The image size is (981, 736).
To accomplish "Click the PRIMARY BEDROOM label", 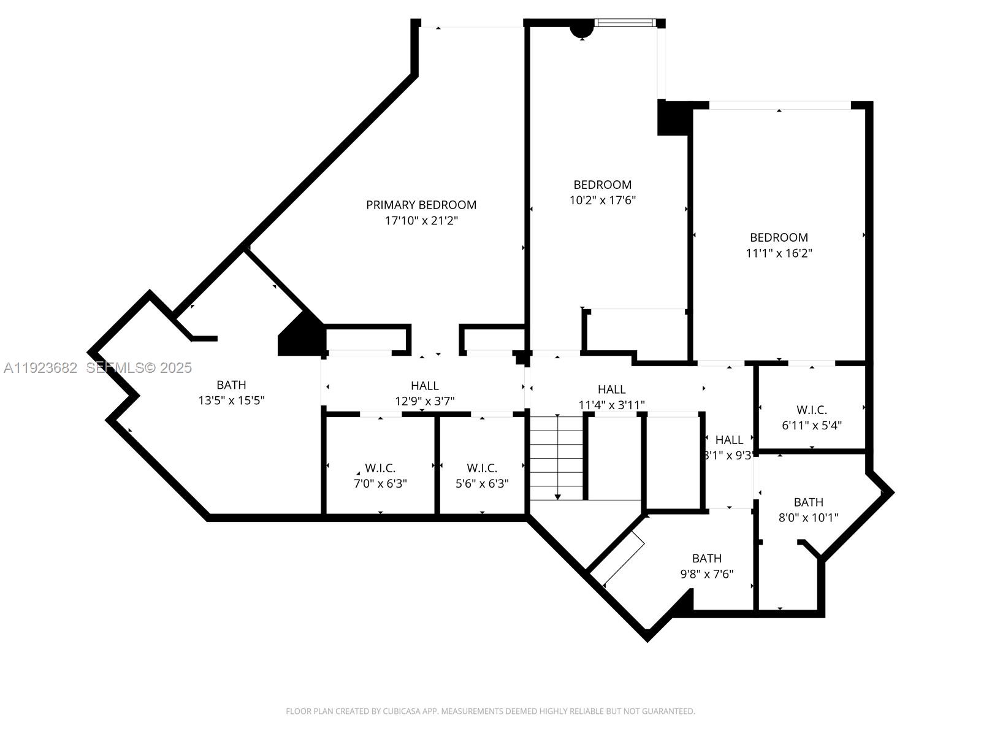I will tap(421, 205).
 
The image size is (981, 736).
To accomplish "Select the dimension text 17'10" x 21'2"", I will tap(421, 221).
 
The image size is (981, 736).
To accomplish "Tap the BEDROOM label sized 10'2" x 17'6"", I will tap(602, 185).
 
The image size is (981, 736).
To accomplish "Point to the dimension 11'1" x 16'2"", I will tap(779, 253).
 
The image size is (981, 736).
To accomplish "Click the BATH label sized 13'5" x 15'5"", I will tap(231, 385).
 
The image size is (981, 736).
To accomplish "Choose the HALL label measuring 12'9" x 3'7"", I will tap(424, 386).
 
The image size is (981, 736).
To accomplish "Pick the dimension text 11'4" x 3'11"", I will tap(611, 405).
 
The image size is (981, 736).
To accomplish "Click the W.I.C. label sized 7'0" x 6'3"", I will tap(380, 469).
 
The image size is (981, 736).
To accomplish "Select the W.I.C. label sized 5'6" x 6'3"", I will tap(482, 469).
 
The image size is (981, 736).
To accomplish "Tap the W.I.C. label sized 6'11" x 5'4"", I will tap(812, 410).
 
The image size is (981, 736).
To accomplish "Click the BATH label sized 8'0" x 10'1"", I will tap(808, 502).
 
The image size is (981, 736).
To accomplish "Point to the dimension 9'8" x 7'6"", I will tap(706, 575).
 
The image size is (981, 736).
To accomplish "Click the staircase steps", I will tap(556, 457).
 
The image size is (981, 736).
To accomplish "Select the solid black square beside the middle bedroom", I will tap(673, 118).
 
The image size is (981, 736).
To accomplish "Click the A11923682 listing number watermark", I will tap(40, 368).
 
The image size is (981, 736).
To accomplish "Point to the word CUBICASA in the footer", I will tap(402, 711).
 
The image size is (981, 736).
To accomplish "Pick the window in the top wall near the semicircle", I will tap(625, 23).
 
